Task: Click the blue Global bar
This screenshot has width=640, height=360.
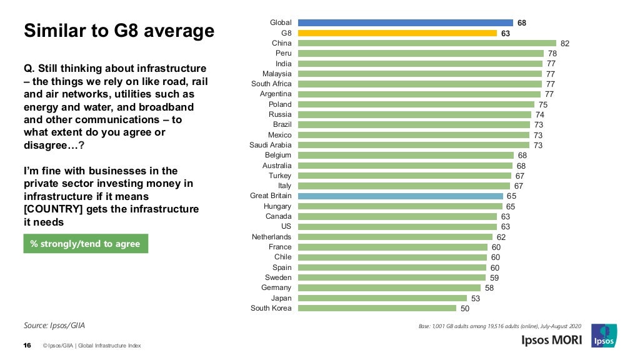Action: point(405,22)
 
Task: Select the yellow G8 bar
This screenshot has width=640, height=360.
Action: point(397,33)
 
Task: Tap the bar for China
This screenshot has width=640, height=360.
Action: point(427,43)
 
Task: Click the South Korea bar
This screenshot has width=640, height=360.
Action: point(377,307)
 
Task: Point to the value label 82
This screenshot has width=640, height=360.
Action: point(565,44)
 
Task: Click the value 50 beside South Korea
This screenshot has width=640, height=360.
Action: point(465,308)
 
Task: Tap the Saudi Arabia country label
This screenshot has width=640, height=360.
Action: point(271,145)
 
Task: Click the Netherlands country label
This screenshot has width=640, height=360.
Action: point(271,237)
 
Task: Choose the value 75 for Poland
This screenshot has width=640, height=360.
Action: point(542,105)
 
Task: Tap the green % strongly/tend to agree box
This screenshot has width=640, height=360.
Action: point(86,244)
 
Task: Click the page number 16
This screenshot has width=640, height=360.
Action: point(27,346)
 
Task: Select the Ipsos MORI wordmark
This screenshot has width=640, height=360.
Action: point(552,340)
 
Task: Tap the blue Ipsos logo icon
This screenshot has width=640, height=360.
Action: point(604,336)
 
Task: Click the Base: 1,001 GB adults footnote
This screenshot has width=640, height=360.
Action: point(500,326)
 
